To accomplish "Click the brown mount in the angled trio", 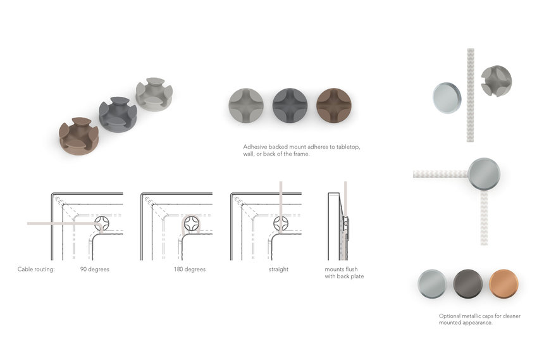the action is pos(78,136).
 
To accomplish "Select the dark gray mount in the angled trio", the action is pos(118,115).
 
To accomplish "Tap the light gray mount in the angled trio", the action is pos(154,94).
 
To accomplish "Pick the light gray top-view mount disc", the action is pos(246,105).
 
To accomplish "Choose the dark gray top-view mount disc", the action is pos(290,105).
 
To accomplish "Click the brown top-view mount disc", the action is pos(334,105).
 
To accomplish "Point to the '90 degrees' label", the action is pos(95,269).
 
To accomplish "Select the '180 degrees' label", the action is pos(190,269).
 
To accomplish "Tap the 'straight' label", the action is pos(278,269).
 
